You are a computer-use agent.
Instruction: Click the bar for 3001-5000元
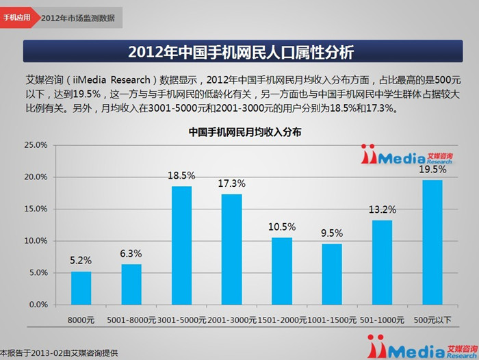[x=181, y=245]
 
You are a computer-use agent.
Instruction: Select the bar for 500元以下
[x=432, y=242]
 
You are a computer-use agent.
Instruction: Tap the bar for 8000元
[x=81, y=287]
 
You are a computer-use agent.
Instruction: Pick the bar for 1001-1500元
[x=332, y=274]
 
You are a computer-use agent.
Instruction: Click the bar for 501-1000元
[x=382, y=262]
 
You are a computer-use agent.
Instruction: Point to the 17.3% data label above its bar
[x=232, y=184]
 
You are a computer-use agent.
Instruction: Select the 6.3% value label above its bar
[x=131, y=254]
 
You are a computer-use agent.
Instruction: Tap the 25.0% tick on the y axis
[x=36, y=145]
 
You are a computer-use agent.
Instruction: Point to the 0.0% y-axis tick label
[x=38, y=305]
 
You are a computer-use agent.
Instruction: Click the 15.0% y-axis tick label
[x=36, y=209]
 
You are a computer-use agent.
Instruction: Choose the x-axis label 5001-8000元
[x=131, y=320]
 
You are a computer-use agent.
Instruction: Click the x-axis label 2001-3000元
[x=232, y=320]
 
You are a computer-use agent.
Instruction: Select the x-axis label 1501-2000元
[x=282, y=320]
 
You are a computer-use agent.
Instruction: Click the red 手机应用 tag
[x=17, y=17]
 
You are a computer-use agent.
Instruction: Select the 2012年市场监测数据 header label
[x=78, y=18]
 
